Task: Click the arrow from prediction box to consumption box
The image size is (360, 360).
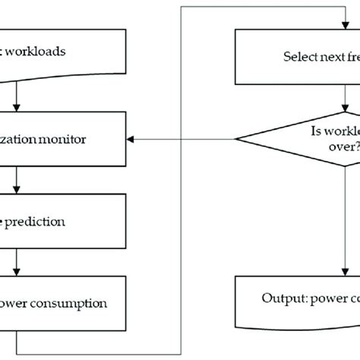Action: [x=17, y=262]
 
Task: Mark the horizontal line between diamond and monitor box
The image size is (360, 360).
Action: [x=186, y=139]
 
